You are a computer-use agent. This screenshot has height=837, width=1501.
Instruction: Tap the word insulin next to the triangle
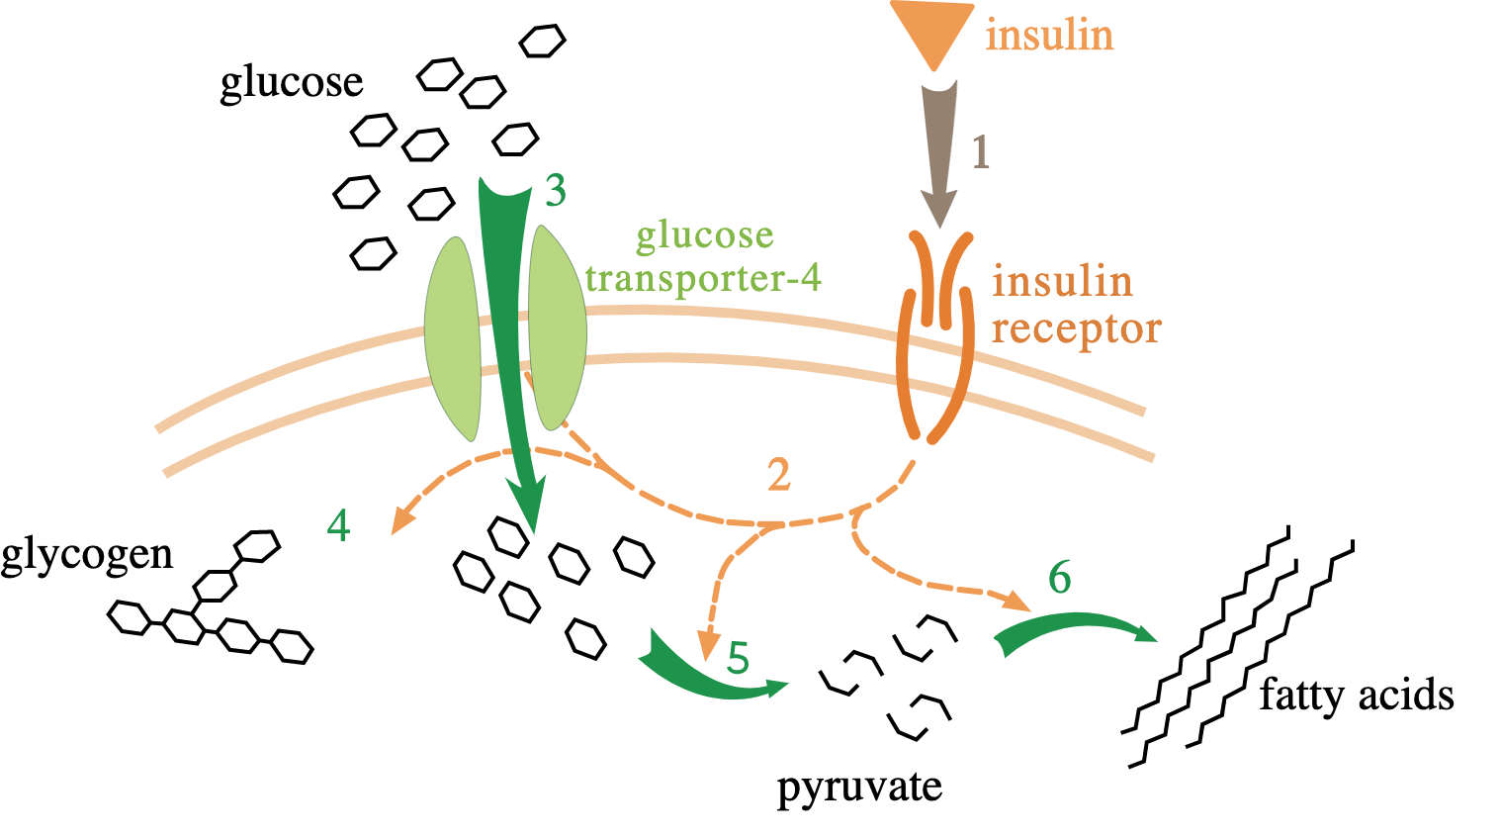tap(1049, 36)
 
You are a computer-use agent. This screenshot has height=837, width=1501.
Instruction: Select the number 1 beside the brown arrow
tap(980, 152)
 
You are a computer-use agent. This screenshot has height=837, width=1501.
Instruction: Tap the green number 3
tap(556, 191)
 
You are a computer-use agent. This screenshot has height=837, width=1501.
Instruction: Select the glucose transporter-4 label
tap(703, 257)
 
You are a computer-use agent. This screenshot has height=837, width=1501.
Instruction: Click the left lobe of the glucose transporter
tap(452, 336)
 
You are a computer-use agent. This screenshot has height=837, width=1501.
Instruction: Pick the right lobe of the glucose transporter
tap(558, 326)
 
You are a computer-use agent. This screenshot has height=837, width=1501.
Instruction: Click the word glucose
tap(291, 82)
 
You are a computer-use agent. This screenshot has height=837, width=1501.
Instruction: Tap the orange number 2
tap(779, 476)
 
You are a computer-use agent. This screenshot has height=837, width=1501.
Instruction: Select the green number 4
tap(339, 526)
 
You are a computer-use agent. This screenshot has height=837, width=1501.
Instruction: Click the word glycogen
tap(87, 555)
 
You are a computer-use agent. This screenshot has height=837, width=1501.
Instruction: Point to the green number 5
tap(738, 658)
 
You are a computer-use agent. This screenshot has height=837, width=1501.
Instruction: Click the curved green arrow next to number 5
tap(702, 677)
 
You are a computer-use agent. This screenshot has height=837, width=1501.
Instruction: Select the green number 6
tap(1059, 577)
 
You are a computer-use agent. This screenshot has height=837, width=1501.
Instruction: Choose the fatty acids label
tap(1356, 696)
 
